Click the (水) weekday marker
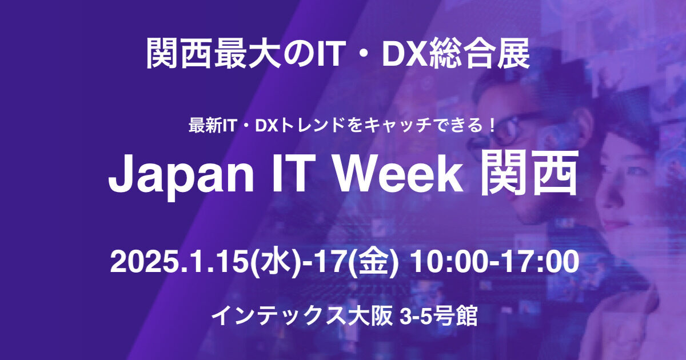coord(272,263)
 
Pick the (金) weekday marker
coord(374,263)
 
